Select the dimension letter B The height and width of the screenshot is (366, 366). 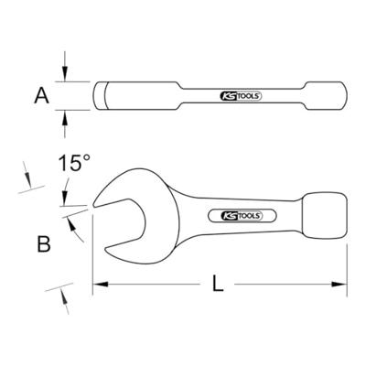click(x=42, y=244)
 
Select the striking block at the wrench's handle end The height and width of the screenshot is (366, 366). click(x=326, y=216)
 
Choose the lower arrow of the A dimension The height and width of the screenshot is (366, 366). click(x=65, y=117)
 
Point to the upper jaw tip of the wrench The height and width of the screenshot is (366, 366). click(x=96, y=203)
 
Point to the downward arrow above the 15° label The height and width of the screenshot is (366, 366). click(x=65, y=197)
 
